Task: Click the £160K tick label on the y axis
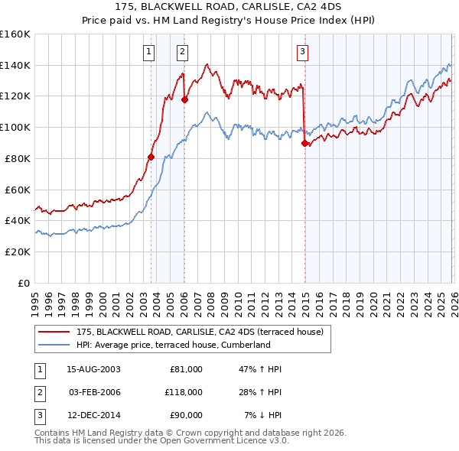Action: tap(15, 34)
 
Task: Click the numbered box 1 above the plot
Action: tap(148, 52)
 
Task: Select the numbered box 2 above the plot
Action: tap(183, 52)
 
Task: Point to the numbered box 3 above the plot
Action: tap(303, 52)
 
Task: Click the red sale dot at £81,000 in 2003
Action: tap(151, 157)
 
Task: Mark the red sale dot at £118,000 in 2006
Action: tap(184, 99)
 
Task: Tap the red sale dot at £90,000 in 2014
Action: tap(305, 143)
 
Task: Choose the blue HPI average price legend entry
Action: tap(174, 345)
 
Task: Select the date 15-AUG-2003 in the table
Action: tap(93, 369)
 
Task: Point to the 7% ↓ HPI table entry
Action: tap(262, 415)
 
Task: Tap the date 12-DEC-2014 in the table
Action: tap(93, 415)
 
